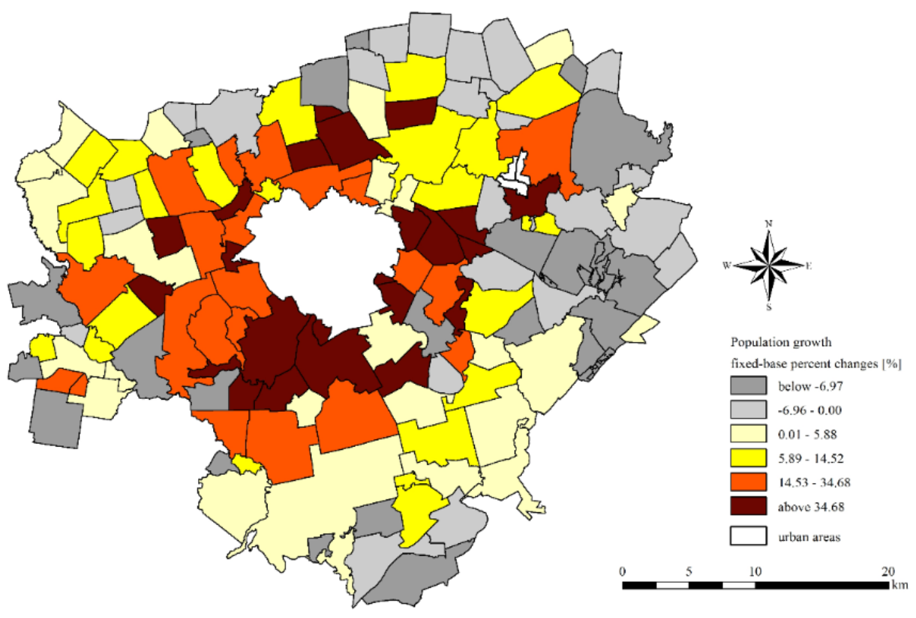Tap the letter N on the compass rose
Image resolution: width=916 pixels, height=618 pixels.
pyautogui.click(x=769, y=223)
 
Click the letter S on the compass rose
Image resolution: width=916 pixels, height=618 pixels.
pyautogui.click(x=769, y=306)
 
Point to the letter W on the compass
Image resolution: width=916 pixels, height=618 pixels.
pyautogui.click(x=727, y=265)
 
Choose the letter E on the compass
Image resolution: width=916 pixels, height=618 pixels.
pyautogui.click(x=809, y=265)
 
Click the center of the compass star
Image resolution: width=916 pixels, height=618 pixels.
pyautogui.click(x=769, y=265)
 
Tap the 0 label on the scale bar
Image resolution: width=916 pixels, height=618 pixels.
pyautogui.click(x=623, y=571)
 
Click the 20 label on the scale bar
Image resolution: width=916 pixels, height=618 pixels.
pyautogui.click(x=887, y=571)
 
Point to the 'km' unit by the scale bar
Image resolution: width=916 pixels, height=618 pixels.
pyautogui.click(x=902, y=584)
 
